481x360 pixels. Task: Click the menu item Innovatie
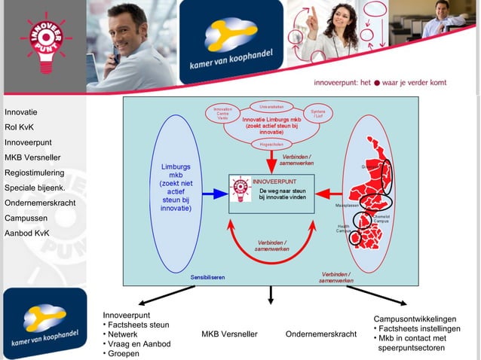click(21, 112)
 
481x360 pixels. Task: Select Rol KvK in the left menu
click(19, 127)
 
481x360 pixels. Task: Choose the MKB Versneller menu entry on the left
click(32, 157)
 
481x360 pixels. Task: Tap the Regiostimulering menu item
click(34, 172)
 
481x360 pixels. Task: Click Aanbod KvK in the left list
click(27, 233)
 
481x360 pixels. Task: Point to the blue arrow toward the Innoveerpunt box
click(214, 194)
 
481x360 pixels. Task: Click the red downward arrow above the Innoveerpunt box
click(271, 160)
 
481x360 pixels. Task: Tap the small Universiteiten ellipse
click(271, 106)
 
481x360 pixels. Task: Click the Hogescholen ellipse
click(271, 143)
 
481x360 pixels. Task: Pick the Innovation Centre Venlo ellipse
click(223, 114)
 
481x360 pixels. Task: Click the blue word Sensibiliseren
click(207, 277)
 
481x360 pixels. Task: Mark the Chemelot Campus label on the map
click(381, 218)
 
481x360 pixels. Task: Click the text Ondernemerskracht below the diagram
click(321, 334)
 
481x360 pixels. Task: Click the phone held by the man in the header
click(115, 53)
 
